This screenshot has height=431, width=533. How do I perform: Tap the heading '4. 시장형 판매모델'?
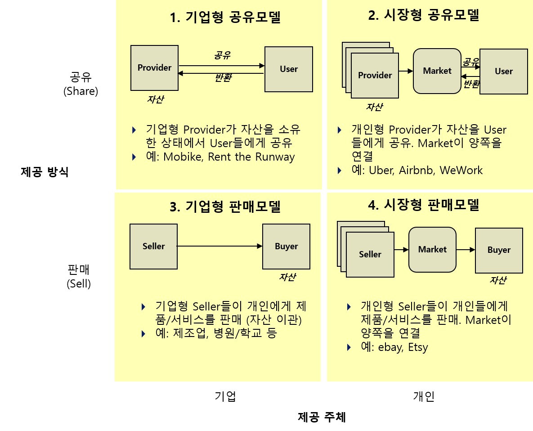[424, 205]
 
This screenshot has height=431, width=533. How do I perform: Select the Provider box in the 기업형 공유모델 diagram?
[154, 68]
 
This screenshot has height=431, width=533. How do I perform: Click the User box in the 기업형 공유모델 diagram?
[288, 69]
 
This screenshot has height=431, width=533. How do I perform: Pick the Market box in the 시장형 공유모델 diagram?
[437, 71]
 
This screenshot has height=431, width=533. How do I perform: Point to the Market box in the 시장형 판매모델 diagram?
[432, 249]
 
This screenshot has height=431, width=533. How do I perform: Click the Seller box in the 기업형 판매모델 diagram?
[153, 247]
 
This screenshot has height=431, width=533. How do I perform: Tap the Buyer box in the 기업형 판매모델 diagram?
[286, 247]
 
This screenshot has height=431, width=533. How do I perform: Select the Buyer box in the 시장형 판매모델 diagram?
[499, 250]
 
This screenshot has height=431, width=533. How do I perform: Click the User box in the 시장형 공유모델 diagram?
[503, 72]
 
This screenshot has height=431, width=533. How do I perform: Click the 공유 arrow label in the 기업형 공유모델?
[222, 56]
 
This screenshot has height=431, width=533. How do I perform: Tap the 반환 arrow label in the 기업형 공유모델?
[223, 78]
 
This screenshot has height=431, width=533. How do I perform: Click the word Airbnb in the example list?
[416, 171]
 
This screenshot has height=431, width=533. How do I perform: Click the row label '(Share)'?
[81, 91]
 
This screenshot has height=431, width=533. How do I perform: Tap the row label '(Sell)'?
[79, 284]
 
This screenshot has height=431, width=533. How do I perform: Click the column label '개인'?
[423, 396]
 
